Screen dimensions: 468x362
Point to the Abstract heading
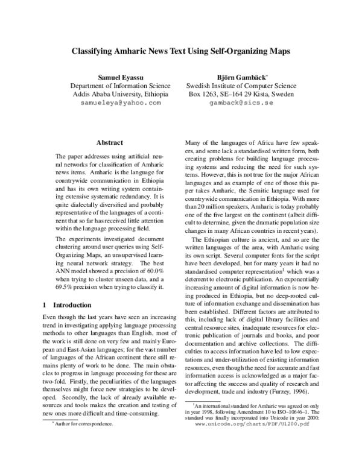pyautogui.click(x=110, y=142)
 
